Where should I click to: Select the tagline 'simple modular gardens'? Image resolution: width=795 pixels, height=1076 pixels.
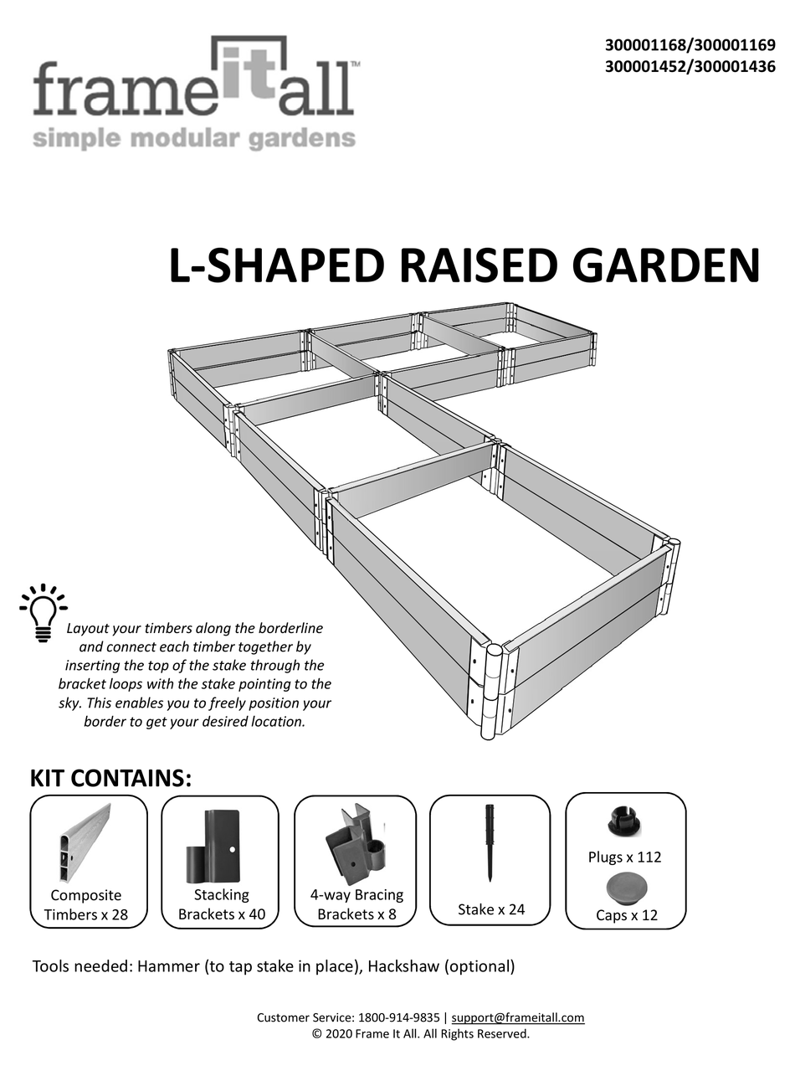(193, 137)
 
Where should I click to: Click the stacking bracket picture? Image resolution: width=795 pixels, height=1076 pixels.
(213, 845)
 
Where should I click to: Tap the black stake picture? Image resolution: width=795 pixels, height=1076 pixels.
(490, 842)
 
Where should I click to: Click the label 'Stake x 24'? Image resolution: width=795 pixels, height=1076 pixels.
(491, 909)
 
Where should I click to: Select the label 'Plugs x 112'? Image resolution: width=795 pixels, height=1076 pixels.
(625, 857)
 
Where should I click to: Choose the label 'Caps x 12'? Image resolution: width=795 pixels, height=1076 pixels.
(626, 915)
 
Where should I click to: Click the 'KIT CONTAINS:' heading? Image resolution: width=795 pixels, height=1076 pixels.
(111, 778)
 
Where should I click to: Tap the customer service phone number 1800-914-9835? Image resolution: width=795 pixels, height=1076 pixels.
(398, 1017)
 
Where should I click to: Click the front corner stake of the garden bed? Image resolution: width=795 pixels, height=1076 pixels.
(491, 691)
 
